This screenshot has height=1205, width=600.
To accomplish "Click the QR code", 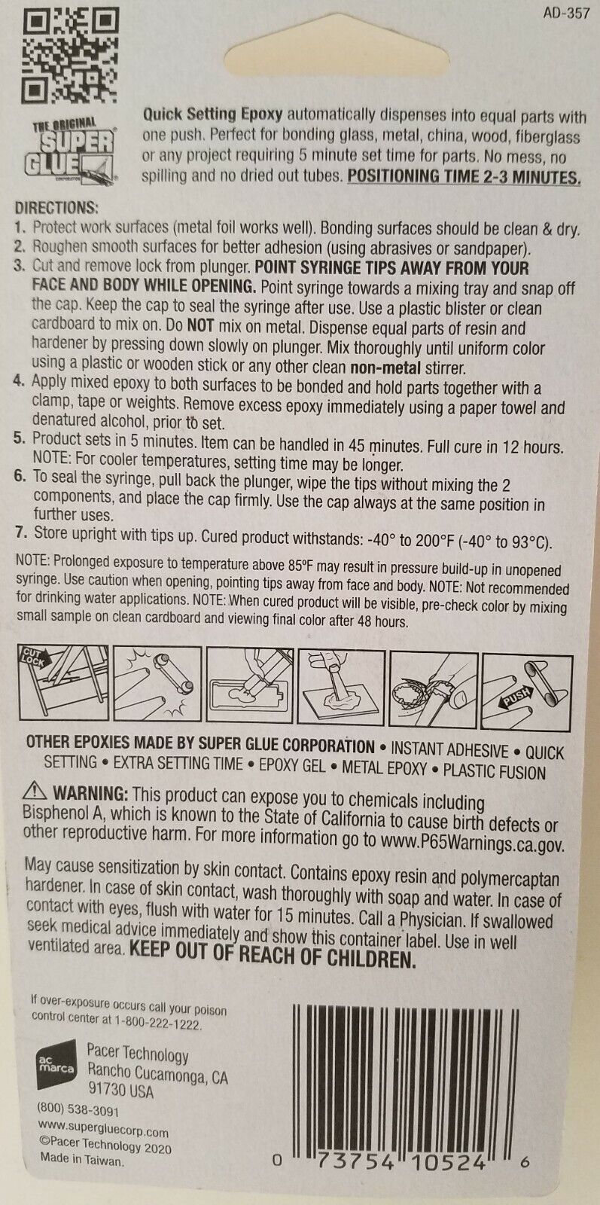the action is (x=69, y=56).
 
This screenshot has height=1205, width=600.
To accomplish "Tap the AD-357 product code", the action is (x=566, y=14).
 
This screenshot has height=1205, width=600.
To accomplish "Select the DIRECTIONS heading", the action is (x=56, y=208).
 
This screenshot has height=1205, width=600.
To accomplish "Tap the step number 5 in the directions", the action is (x=20, y=439).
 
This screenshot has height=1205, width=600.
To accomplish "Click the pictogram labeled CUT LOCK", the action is (x=63, y=682).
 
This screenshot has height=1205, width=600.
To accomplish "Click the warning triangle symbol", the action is (x=35, y=792).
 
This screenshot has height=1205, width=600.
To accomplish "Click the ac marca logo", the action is (x=56, y=1064).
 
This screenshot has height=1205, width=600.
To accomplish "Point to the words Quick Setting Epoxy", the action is (x=214, y=114).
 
